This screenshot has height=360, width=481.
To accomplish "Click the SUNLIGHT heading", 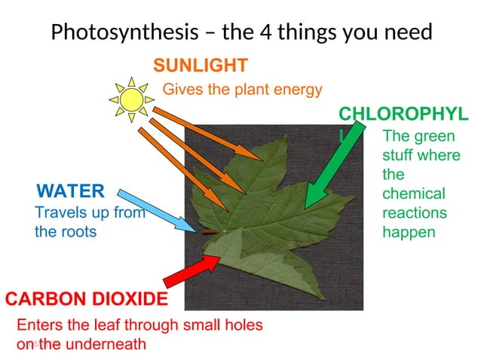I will [200, 66].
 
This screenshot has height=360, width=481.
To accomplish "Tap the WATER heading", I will [70, 189].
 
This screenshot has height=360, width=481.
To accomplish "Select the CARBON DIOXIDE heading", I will [87, 300].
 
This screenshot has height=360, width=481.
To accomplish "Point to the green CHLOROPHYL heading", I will [403, 114].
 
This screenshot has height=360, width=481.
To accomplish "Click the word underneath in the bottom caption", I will [104, 344].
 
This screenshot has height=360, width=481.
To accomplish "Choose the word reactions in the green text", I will [415, 213].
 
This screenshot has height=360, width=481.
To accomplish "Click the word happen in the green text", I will [409, 232].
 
